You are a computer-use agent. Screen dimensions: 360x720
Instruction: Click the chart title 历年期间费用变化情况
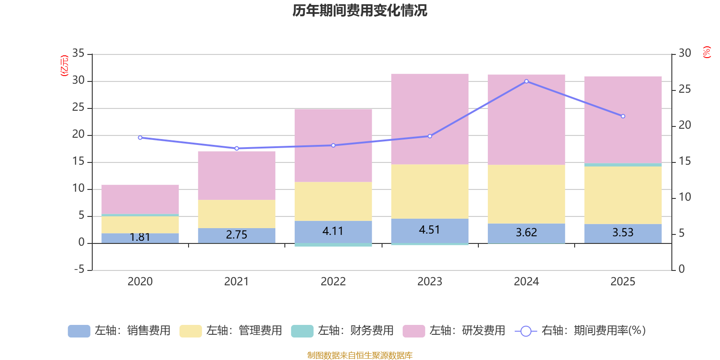[x=360, y=10]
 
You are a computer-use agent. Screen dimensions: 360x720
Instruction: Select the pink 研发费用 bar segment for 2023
[x=430, y=119]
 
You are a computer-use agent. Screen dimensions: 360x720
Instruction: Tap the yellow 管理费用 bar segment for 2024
[x=526, y=194]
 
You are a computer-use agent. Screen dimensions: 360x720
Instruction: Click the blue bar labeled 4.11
[x=333, y=232]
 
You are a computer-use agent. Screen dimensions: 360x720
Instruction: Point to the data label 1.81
[x=140, y=237]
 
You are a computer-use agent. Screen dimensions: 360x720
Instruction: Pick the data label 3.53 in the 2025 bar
[x=623, y=233]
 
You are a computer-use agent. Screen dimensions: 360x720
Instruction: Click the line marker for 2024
[x=526, y=81]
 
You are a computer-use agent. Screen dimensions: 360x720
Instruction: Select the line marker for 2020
[x=140, y=138]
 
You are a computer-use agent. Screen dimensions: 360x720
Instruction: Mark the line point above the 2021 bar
[x=237, y=148]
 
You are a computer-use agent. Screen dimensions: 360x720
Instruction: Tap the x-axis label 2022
[x=333, y=282]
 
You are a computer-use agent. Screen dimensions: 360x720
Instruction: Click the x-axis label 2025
[x=623, y=282]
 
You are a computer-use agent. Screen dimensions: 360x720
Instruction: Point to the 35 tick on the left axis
[x=78, y=54]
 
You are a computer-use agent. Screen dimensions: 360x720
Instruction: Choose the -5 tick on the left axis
[x=78, y=270]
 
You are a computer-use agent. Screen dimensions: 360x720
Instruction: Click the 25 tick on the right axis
[x=684, y=90]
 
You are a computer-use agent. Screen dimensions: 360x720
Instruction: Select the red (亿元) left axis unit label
[x=64, y=66]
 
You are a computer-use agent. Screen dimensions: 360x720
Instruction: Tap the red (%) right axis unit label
[x=707, y=52]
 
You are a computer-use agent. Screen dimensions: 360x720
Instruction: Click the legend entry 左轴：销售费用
[x=120, y=331]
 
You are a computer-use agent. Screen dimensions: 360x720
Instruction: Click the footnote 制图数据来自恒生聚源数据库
[x=360, y=355]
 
